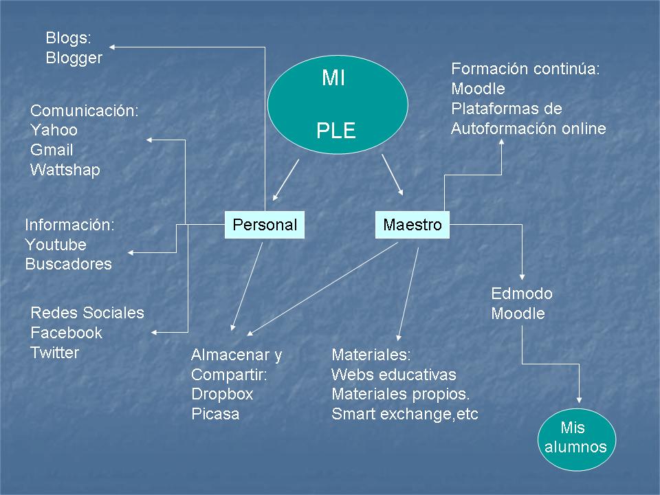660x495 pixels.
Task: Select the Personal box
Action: point(265,225)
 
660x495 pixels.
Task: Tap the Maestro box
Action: point(412,225)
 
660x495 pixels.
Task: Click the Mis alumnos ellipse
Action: point(575,438)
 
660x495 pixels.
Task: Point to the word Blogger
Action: point(74,58)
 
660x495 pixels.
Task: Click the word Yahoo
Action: point(54,130)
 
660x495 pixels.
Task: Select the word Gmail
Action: point(52,150)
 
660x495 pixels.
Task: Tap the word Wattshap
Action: point(65,170)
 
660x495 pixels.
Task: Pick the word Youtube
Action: point(56,245)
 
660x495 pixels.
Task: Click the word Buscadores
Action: point(68,264)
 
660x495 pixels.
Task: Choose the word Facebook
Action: point(66,333)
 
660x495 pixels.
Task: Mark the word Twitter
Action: point(54,353)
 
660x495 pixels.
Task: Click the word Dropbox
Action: point(222,395)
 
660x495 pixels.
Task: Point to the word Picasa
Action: point(215,415)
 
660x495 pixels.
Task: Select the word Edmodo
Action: point(522,294)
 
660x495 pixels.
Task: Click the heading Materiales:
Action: point(371,355)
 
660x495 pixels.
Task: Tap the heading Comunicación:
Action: point(85,110)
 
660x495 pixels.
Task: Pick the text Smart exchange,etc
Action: point(404,414)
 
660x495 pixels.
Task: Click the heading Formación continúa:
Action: point(526,69)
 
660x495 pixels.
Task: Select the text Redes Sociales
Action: point(87,313)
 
